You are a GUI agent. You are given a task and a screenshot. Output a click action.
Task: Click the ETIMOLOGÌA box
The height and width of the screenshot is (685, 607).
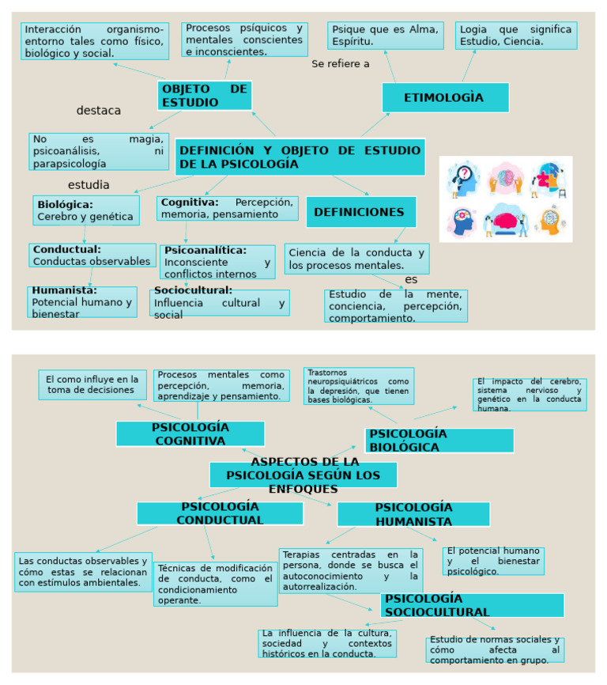coord(445,97)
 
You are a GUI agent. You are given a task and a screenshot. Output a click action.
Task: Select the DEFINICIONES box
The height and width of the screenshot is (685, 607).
coord(360,212)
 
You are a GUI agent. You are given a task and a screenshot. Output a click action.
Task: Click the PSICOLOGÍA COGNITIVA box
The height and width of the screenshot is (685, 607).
coord(190,433)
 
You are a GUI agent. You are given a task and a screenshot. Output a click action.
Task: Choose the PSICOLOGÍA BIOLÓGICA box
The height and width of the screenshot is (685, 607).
coord(439,441)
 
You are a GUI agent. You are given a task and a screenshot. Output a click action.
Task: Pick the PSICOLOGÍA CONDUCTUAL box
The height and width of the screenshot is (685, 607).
coord(220,513)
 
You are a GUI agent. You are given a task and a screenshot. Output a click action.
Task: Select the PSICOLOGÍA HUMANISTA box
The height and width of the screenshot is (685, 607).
coord(413,514)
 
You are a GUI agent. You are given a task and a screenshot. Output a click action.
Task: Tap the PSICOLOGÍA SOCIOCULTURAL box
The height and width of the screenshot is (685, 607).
coord(472,605)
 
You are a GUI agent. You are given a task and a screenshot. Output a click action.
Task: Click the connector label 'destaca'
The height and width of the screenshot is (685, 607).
coord(99,111)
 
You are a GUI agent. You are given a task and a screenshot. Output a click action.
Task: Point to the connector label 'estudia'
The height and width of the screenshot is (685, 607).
coord(89,185)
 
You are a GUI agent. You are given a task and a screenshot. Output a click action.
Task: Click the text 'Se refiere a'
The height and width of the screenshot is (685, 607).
coord(341,64)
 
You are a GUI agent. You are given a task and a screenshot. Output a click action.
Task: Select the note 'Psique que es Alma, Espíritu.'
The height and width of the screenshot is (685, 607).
coord(385,35)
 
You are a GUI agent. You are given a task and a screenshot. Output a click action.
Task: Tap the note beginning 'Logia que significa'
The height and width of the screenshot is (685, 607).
coord(515,35)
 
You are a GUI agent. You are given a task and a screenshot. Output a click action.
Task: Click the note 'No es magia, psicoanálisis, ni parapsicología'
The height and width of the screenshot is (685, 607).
coord(99,151)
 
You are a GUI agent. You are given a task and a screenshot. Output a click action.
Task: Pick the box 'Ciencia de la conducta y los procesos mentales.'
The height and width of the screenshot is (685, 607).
coord(356,259)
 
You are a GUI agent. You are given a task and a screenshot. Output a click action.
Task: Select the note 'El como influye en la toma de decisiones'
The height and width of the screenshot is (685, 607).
coord(92,384)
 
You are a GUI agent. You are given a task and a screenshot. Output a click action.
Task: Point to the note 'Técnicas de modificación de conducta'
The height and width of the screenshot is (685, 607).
coord(215,584)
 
